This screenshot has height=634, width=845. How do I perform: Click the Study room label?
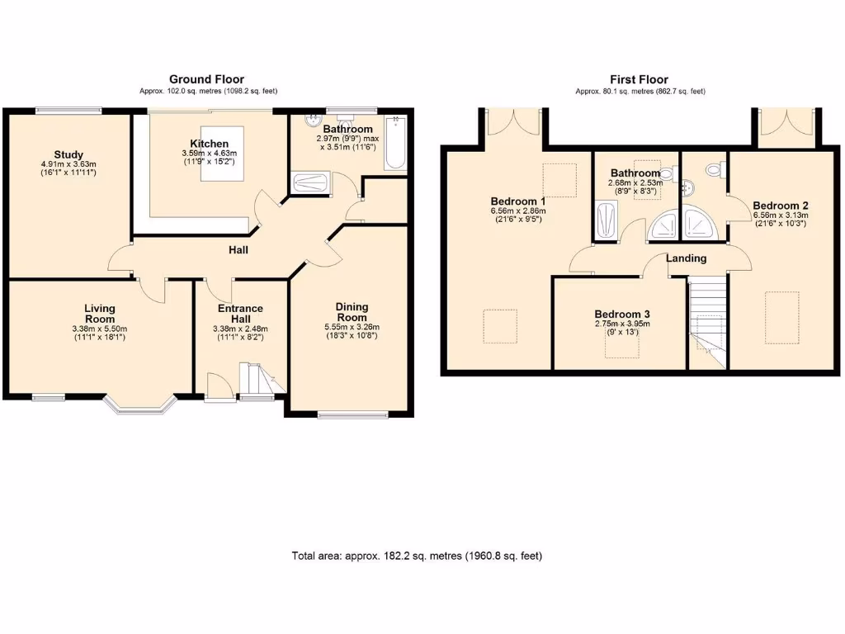tap(68, 154)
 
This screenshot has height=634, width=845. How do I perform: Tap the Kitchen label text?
tap(209, 144)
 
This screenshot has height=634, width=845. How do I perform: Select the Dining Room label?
tap(352, 312)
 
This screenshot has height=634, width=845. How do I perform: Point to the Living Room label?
tap(100, 313)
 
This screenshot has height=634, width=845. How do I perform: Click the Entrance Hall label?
tap(240, 313)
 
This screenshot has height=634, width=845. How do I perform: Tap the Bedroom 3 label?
tap(622, 314)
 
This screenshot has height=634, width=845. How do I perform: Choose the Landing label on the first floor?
tap(686, 258)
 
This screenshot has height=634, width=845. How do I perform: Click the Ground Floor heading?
tap(207, 80)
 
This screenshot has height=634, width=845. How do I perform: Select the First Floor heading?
tap(640, 80)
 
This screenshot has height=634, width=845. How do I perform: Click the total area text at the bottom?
tap(417, 556)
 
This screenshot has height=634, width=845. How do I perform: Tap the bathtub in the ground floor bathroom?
tap(396, 142)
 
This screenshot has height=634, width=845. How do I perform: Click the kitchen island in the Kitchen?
tap(222, 154)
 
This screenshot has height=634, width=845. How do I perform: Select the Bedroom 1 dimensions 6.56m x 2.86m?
tap(518, 211)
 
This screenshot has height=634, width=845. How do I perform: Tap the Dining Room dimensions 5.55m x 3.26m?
tap(352, 327)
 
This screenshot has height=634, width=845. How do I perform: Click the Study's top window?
tap(68, 111)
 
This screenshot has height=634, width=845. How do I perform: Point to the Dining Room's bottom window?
tap(352, 414)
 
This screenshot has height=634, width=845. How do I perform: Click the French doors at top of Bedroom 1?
tap(513, 122)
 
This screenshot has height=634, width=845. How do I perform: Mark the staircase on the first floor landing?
tap(708, 323)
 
